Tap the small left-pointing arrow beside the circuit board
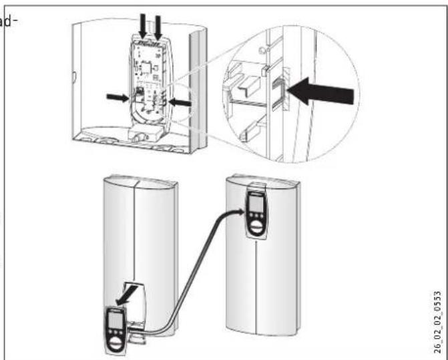click(180, 102)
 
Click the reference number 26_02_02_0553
click(437, 321)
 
